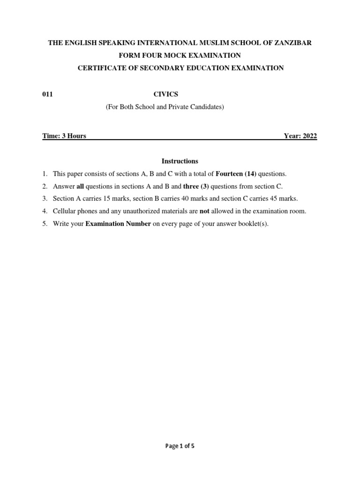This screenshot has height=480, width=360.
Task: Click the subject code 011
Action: [47, 94]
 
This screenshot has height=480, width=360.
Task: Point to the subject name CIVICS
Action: [165, 94]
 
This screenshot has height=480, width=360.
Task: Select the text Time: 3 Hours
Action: [64, 136]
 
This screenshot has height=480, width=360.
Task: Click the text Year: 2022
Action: [300, 136]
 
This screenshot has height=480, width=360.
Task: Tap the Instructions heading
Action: [180, 161]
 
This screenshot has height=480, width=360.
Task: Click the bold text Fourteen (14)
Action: [236, 173]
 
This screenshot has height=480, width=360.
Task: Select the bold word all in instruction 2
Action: [80, 186]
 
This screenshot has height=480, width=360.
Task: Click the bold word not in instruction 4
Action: [204, 211]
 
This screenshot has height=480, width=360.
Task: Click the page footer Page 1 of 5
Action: [180, 446]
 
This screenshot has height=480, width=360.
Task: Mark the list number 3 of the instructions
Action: [45, 199]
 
